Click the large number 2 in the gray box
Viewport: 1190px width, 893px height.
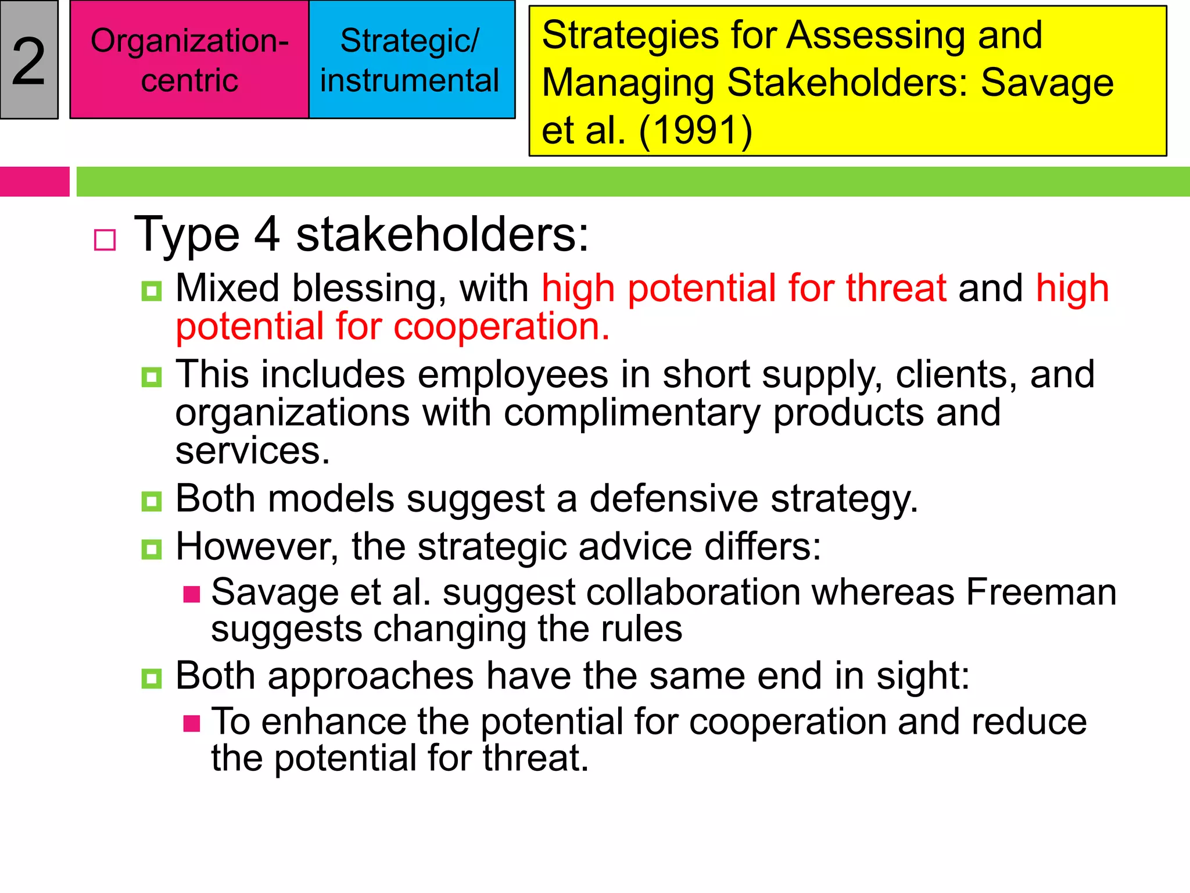coord(28,61)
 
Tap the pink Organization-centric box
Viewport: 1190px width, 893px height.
coord(189,60)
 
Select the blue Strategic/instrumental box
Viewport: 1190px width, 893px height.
coord(410,60)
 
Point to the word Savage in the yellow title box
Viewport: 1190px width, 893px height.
coord(1047,83)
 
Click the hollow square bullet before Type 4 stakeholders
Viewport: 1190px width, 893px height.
coord(105,240)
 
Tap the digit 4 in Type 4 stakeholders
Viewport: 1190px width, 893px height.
coord(267,234)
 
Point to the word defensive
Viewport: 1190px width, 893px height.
coord(674,499)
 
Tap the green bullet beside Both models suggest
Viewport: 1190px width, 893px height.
coord(152,501)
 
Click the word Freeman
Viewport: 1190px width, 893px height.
coord(1041,592)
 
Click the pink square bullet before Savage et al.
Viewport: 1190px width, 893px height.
coord(192,594)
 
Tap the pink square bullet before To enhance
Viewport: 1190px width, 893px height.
coord(192,723)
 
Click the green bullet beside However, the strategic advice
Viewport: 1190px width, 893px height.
coord(152,549)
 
